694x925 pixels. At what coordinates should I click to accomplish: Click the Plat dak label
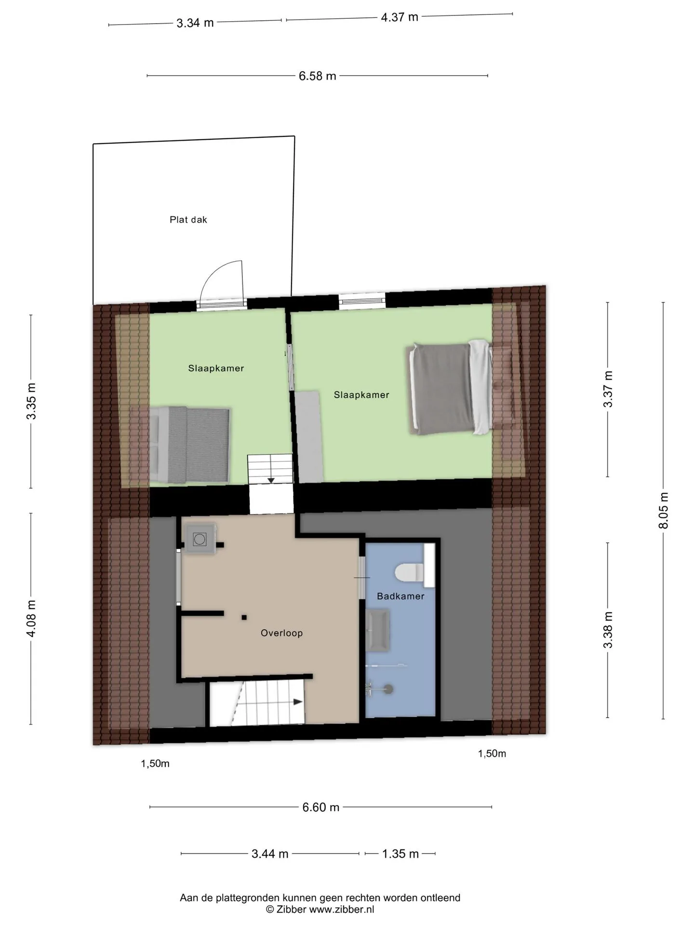(x=188, y=220)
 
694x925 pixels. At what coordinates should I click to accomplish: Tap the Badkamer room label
(x=400, y=596)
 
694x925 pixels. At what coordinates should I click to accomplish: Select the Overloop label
(x=281, y=633)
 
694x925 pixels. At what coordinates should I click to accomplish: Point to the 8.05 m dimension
(x=664, y=511)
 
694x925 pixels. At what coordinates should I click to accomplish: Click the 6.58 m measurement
(x=317, y=76)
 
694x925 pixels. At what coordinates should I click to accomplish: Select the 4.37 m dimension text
(x=400, y=17)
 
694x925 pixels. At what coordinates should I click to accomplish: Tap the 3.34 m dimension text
(x=195, y=23)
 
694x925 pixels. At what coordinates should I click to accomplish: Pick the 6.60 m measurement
(x=321, y=807)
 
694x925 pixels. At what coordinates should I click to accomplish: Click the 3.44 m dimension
(x=270, y=854)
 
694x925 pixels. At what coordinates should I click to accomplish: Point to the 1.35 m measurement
(x=400, y=854)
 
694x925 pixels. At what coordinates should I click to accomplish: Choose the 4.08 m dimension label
(x=31, y=618)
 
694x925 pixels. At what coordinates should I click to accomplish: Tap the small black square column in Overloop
(x=244, y=617)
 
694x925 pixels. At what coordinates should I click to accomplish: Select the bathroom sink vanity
(x=378, y=630)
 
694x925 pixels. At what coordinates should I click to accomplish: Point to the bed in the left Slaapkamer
(x=189, y=444)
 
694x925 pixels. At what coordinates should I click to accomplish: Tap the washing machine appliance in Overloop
(x=200, y=539)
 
